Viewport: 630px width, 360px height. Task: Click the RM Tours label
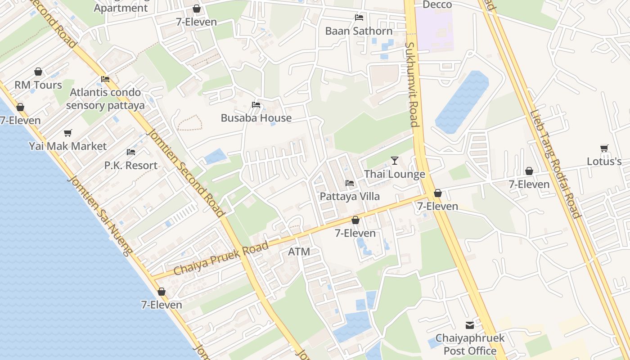(38, 85)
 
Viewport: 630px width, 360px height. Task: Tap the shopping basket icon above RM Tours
(38, 72)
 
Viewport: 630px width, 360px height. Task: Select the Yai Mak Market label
(68, 146)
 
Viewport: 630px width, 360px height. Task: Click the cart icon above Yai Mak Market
(68, 133)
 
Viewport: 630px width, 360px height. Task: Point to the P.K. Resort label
(131, 166)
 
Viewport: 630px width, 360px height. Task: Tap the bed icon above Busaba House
(256, 105)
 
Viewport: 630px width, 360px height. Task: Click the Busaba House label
(256, 118)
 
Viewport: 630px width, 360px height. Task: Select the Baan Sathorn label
(359, 31)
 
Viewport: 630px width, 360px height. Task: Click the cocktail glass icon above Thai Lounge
(395, 161)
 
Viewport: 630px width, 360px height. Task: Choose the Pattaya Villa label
(350, 197)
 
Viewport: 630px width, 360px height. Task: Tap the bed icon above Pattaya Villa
(350, 183)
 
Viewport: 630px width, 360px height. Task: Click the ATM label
(299, 252)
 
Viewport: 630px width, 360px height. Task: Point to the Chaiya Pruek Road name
(220, 258)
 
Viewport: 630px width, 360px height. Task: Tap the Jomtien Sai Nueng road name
(99, 216)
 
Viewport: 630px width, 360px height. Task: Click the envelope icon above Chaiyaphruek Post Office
(470, 325)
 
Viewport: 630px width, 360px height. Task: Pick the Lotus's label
(604, 162)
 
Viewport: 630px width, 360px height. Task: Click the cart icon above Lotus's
(604, 148)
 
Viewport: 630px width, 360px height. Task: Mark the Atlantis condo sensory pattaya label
(107, 99)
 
